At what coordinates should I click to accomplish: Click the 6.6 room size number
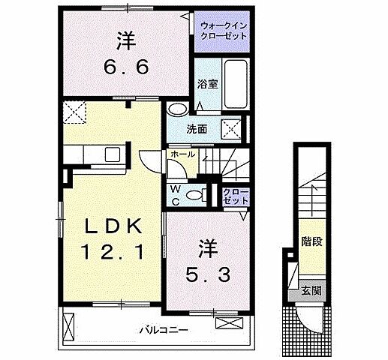click(x=126, y=66)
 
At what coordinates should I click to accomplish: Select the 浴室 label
click(x=208, y=84)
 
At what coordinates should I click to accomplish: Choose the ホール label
click(x=184, y=154)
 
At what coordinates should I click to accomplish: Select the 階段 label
click(x=309, y=242)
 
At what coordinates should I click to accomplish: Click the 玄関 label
click(x=309, y=289)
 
